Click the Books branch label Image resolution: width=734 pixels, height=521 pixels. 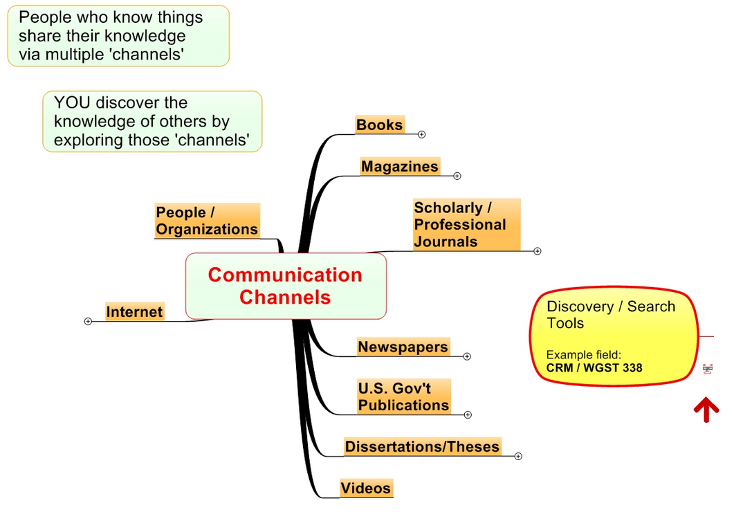379,125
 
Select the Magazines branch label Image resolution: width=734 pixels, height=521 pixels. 400,167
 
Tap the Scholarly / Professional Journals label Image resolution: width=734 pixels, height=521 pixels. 460,225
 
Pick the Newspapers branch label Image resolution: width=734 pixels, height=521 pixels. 403,347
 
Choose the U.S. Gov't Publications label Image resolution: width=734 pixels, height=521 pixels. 403,396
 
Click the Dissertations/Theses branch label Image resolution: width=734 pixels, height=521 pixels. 422,446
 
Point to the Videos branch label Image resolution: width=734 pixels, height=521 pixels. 366,488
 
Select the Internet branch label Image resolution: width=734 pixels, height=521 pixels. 134,312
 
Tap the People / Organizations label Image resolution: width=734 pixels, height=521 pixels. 207,221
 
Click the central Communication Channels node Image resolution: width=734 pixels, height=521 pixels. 285,286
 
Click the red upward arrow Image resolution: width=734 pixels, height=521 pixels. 706,410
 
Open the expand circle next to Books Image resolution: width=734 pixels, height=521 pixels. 421,134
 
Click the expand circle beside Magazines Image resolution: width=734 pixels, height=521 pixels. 457,176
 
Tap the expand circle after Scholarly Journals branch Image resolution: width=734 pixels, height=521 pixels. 537,251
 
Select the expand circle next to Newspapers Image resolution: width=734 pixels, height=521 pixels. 467,356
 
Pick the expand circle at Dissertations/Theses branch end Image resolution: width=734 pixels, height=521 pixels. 518,456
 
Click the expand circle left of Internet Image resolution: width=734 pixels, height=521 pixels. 88,321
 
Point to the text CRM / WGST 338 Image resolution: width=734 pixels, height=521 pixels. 594,367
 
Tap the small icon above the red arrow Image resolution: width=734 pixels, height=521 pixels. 707,369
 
